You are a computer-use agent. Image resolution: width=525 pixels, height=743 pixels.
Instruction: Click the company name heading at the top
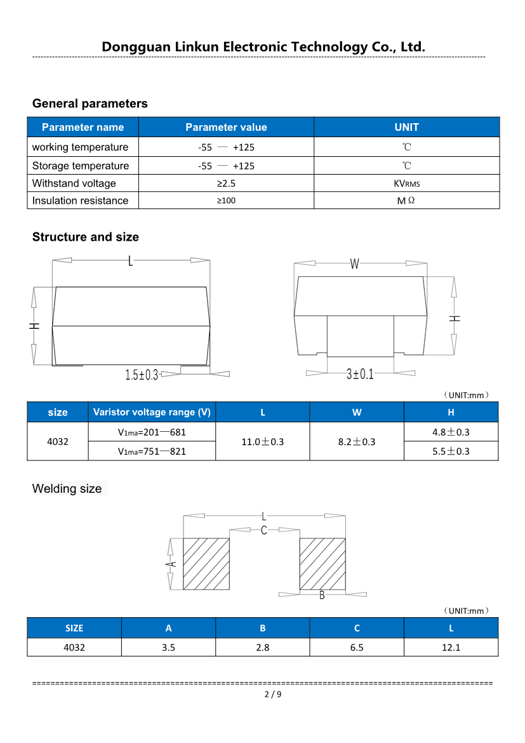tap(263, 47)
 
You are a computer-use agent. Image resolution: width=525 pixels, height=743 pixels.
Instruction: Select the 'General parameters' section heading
tap(90, 104)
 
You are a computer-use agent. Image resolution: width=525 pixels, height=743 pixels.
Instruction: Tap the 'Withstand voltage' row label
tap(74, 184)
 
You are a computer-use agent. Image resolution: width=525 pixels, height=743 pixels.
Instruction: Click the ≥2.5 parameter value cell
tap(226, 184)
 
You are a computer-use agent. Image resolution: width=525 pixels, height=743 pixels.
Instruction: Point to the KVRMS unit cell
tap(406, 184)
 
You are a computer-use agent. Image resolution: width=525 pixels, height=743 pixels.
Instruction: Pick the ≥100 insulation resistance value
tap(226, 201)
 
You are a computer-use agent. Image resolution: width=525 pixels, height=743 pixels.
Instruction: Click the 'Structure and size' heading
tap(85, 237)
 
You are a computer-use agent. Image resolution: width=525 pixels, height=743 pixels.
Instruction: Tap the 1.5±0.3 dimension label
tap(142, 375)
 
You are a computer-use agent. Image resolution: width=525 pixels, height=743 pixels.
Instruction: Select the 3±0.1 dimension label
tap(360, 374)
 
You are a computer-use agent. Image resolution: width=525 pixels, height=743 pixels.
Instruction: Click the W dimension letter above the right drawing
tap(354, 264)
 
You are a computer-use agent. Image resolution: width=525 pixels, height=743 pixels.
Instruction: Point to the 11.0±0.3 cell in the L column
tap(263, 441)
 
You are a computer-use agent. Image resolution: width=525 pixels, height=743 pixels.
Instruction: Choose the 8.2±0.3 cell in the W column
tap(357, 441)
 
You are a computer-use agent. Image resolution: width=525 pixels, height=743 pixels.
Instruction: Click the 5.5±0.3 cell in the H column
tap(451, 451)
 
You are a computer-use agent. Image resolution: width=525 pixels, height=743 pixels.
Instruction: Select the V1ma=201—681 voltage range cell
tap(152, 432)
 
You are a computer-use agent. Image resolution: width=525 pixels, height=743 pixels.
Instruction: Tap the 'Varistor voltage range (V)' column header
tap(152, 412)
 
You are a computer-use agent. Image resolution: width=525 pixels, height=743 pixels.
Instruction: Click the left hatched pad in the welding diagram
tap(206, 564)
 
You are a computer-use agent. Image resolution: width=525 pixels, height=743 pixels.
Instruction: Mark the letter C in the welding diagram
tap(264, 530)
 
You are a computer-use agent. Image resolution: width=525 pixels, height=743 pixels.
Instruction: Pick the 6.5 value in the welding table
tap(357, 647)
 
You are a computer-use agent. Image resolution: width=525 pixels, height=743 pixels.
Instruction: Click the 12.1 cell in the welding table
tap(451, 647)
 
